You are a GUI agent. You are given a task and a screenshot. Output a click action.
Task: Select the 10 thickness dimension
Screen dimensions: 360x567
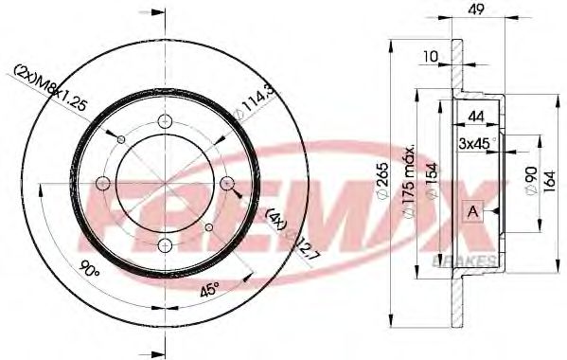tap(431, 57)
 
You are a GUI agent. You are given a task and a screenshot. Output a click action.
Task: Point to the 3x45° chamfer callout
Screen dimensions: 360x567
tap(479, 143)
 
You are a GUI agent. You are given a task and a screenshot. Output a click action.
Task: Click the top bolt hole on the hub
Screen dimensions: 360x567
tap(168, 119)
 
